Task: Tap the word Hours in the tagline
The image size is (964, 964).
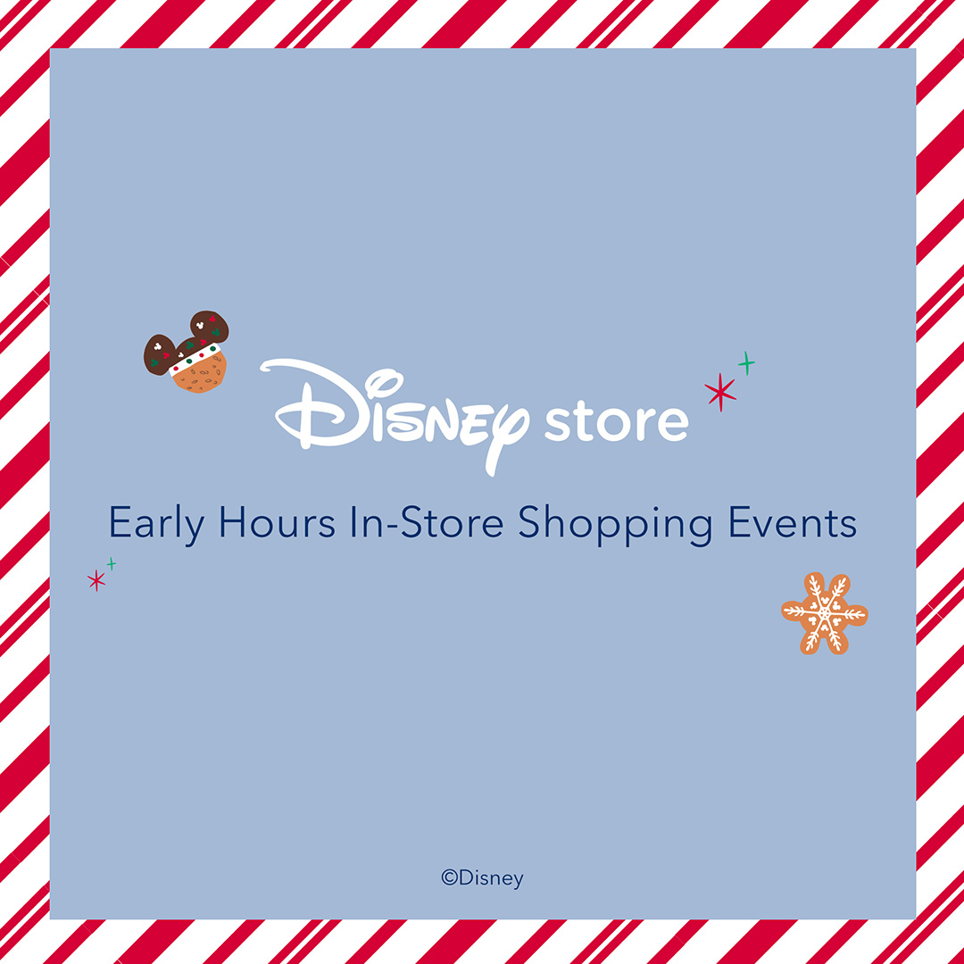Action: point(278,522)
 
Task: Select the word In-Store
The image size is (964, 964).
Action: point(427,522)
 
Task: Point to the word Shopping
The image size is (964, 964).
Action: point(615,526)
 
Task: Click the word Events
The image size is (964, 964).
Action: point(792,522)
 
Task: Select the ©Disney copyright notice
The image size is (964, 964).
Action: point(483,878)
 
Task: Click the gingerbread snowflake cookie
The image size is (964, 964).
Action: point(825,613)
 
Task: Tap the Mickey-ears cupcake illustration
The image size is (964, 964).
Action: point(187,353)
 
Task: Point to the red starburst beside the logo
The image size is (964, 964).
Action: point(720,392)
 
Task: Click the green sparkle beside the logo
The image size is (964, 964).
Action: point(746,363)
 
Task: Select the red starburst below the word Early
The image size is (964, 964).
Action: point(96,580)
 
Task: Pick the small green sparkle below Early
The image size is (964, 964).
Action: point(112,563)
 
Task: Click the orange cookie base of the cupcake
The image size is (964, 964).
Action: point(201,374)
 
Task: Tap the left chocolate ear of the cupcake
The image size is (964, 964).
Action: point(159,354)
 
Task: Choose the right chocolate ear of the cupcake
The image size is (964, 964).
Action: point(210,326)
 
